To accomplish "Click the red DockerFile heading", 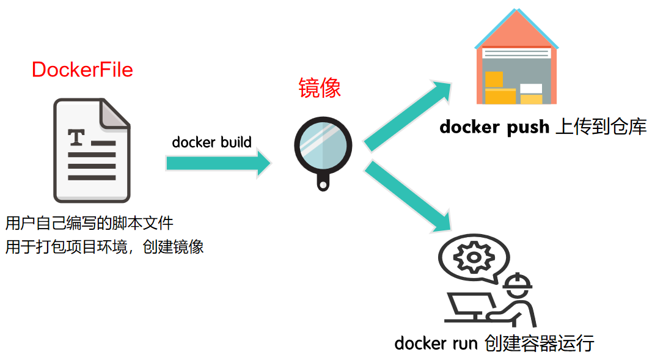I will [x=82, y=70].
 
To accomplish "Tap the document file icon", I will [x=92, y=150].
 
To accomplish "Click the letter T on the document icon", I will [x=76, y=138].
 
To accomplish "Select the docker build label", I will [x=211, y=142].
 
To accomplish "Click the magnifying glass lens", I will [x=323, y=145].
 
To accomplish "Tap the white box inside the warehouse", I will [x=530, y=89].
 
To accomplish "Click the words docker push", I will [x=486, y=127].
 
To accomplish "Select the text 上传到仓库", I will [x=601, y=127].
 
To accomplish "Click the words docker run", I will [x=436, y=343].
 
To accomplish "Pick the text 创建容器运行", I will [x=538, y=343].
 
